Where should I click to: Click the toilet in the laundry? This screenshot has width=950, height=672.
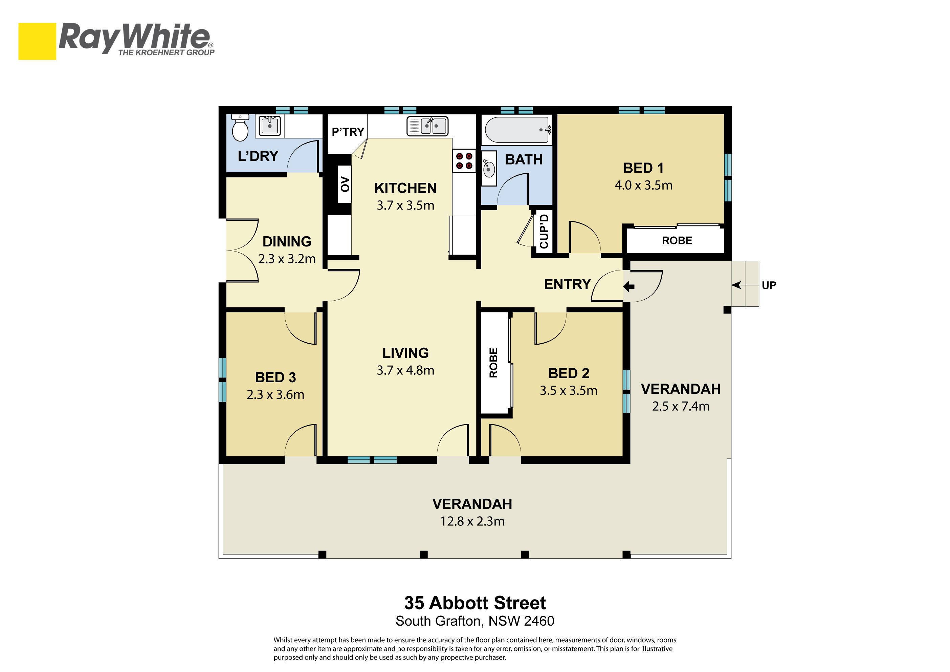[x=240, y=128]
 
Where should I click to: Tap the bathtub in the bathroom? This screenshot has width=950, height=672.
[x=517, y=130]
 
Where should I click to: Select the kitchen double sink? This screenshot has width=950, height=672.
[x=427, y=126]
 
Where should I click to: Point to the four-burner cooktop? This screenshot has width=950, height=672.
[x=464, y=161]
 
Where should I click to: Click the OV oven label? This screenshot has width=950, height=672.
[x=345, y=184]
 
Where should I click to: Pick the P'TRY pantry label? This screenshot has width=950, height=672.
[x=348, y=132]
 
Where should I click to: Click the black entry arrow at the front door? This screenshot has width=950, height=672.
[x=629, y=286]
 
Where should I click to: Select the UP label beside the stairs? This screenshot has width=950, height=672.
[x=769, y=285]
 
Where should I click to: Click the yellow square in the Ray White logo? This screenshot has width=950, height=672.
[x=37, y=41]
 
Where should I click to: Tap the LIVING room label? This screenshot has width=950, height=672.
[x=405, y=353]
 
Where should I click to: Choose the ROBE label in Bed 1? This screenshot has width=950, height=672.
[x=677, y=240]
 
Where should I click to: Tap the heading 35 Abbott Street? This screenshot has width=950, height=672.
[x=475, y=603]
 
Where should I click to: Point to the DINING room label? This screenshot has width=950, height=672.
[x=287, y=242]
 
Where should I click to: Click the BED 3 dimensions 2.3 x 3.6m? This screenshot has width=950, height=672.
[x=275, y=394]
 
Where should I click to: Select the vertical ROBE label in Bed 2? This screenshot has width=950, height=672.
[x=493, y=363]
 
